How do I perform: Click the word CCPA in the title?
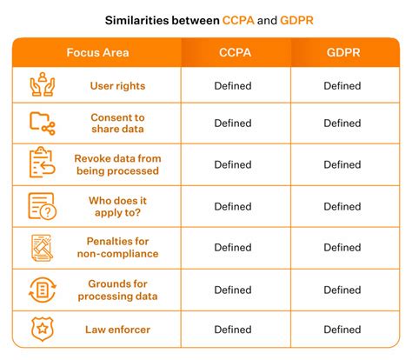pyautogui.click(x=238, y=21)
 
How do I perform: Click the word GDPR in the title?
pyautogui.click(x=296, y=21)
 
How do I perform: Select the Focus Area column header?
pyautogui.click(x=97, y=52)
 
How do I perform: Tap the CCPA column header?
pyautogui.click(x=235, y=52)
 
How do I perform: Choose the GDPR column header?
pyautogui.click(x=343, y=52)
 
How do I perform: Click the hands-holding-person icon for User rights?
pyautogui.click(x=43, y=84)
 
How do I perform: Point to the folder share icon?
pyautogui.click(x=43, y=123)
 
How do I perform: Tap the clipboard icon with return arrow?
pyautogui.click(x=42, y=162)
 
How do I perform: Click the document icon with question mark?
pyautogui.click(x=43, y=206)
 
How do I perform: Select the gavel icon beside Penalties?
pyautogui.click(x=43, y=248)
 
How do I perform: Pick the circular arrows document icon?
pyautogui.click(x=43, y=290)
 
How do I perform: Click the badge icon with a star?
pyautogui.click(x=43, y=329)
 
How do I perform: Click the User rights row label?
pyautogui.click(x=117, y=86)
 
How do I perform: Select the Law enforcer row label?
pyautogui.click(x=117, y=330)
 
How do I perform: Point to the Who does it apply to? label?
pyautogui.click(x=117, y=206)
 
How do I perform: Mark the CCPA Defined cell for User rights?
pyautogui.click(x=233, y=86)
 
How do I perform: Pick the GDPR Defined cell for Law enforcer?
pyautogui.click(x=342, y=330)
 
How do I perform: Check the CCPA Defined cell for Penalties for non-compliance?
pyautogui.click(x=233, y=248)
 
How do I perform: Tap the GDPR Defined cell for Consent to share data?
pyautogui.click(x=342, y=123)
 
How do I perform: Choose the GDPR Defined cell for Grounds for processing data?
pyautogui.click(x=342, y=290)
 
